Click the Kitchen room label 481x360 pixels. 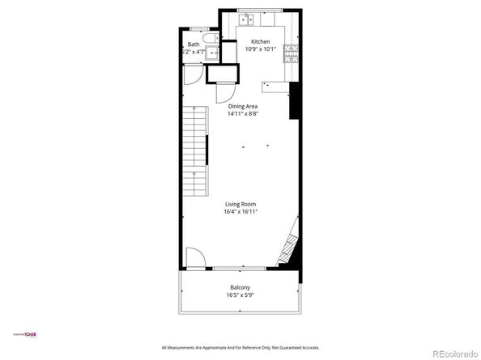[260, 41]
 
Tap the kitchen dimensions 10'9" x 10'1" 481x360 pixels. [260, 49]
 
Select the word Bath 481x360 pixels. [194, 44]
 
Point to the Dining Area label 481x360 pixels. [242, 106]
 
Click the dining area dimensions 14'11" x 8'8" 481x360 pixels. [242, 114]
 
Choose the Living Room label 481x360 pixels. [241, 204]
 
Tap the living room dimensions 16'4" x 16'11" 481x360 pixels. [241, 212]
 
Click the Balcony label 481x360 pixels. [240, 287]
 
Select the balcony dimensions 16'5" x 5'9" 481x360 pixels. [240, 295]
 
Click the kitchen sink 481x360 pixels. [251, 18]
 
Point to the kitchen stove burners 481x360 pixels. [291, 53]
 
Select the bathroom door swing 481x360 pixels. [192, 74]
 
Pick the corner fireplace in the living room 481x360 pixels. [289, 248]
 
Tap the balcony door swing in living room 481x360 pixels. [194, 259]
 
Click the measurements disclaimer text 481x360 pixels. [240, 347]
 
